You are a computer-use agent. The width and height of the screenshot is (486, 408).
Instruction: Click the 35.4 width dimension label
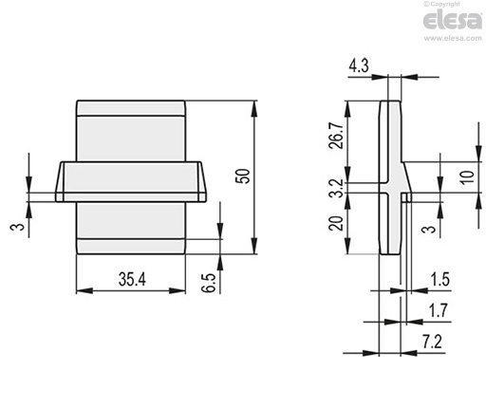coord(132,279)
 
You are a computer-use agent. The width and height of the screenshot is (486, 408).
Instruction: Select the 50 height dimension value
coord(244,176)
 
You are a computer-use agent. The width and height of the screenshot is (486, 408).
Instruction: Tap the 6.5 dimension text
coord(209,283)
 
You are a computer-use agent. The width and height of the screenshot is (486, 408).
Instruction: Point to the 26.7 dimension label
coord(336,135)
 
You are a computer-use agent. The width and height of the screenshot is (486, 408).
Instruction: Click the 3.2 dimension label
coord(336,188)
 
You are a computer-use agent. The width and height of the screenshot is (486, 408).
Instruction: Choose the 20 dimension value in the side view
coord(336,223)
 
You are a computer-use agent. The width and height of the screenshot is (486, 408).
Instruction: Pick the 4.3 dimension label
coord(359,66)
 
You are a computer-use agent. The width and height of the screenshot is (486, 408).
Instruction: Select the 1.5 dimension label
coord(439,279)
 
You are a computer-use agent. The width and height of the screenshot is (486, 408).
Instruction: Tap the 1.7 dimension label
coord(439,310)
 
